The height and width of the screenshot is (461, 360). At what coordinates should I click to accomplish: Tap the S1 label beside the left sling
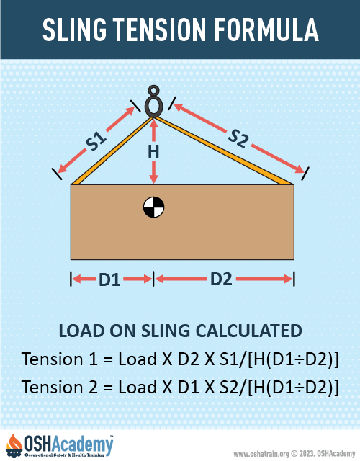pos(96,141)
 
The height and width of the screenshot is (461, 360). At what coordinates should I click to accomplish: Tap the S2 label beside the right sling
pos(238,138)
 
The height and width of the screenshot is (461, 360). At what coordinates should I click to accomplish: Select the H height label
pos(153,152)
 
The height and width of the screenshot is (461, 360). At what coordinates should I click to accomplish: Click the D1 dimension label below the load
pos(109,279)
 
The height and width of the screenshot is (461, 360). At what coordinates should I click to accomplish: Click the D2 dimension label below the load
pos(221,279)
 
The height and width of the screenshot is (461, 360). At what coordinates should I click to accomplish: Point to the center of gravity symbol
pos(153,207)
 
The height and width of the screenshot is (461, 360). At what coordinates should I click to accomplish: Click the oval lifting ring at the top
pos(153,102)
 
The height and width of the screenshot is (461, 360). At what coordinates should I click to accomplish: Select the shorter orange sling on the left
pos(112,151)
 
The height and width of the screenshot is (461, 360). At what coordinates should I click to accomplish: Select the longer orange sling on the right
pos(224,151)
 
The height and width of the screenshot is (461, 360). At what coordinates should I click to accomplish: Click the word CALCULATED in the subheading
pos(248,331)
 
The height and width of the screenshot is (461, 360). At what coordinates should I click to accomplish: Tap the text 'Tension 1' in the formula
pos(60,359)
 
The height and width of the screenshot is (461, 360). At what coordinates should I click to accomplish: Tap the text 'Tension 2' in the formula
pos(60,387)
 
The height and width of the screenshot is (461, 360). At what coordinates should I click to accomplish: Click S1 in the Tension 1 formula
pos(230,359)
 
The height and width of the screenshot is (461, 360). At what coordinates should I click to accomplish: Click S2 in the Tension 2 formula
pos(230,387)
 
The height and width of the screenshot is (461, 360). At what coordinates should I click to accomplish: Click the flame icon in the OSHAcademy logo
pos(14,442)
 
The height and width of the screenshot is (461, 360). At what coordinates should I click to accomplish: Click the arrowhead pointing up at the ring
pos(153,122)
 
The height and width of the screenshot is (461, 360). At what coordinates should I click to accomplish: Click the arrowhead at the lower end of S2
pos(300,169)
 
